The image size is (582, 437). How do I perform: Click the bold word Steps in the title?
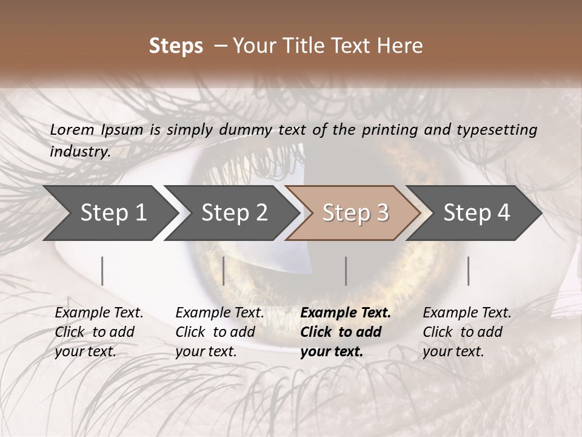click(x=176, y=46)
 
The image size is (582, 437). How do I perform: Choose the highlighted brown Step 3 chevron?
click(x=355, y=213)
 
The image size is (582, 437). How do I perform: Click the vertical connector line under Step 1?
click(x=102, y=271)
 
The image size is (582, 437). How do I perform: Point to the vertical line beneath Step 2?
click(x=224, y=271)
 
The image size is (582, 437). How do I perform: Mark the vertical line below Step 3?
click(x=346, y=271)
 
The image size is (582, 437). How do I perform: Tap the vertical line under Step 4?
click(x=468, y=271)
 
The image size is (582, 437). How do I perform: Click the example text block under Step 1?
click(x=99, y=332)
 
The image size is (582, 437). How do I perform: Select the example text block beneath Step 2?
click(x=219, y=332)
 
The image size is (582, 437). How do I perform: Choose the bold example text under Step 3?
click(x=346, y=332)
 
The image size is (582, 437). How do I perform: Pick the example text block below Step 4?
click(x=467, y=332)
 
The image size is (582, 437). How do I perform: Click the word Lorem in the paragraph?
click(x=72, y=129)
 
